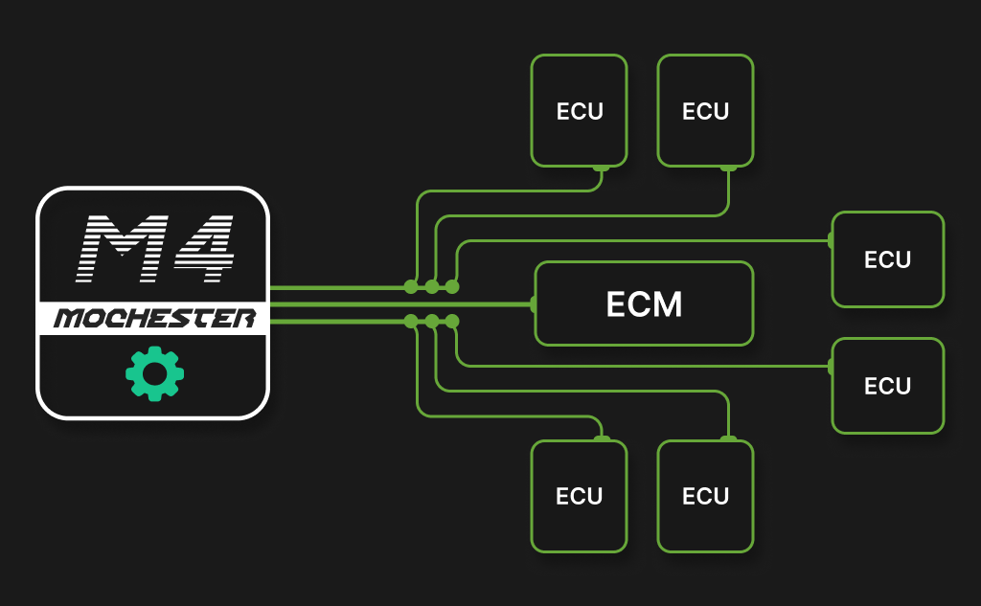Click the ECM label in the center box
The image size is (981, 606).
point(644,304)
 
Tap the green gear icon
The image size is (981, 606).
point(154,374)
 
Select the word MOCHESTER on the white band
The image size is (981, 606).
point(153,319)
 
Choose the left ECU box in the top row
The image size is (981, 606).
point(580,111)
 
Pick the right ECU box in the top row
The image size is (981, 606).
point(705,111)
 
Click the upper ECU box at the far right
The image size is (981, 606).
point(887,259)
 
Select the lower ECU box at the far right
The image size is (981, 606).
point(887,386)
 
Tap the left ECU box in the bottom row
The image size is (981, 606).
point(580,496)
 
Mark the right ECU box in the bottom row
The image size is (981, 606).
point(705,496)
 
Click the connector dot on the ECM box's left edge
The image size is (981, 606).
point(534,304)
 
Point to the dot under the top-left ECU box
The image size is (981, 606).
point(602,168)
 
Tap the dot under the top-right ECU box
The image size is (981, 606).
point(728,168)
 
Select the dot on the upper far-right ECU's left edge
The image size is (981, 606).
point(831,239)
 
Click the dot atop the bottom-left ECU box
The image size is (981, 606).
point(602,439)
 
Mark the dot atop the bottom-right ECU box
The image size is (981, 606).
point(728,439)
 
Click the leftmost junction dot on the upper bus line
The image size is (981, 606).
point(411,286)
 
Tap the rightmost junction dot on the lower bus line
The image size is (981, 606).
point(452,321)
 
